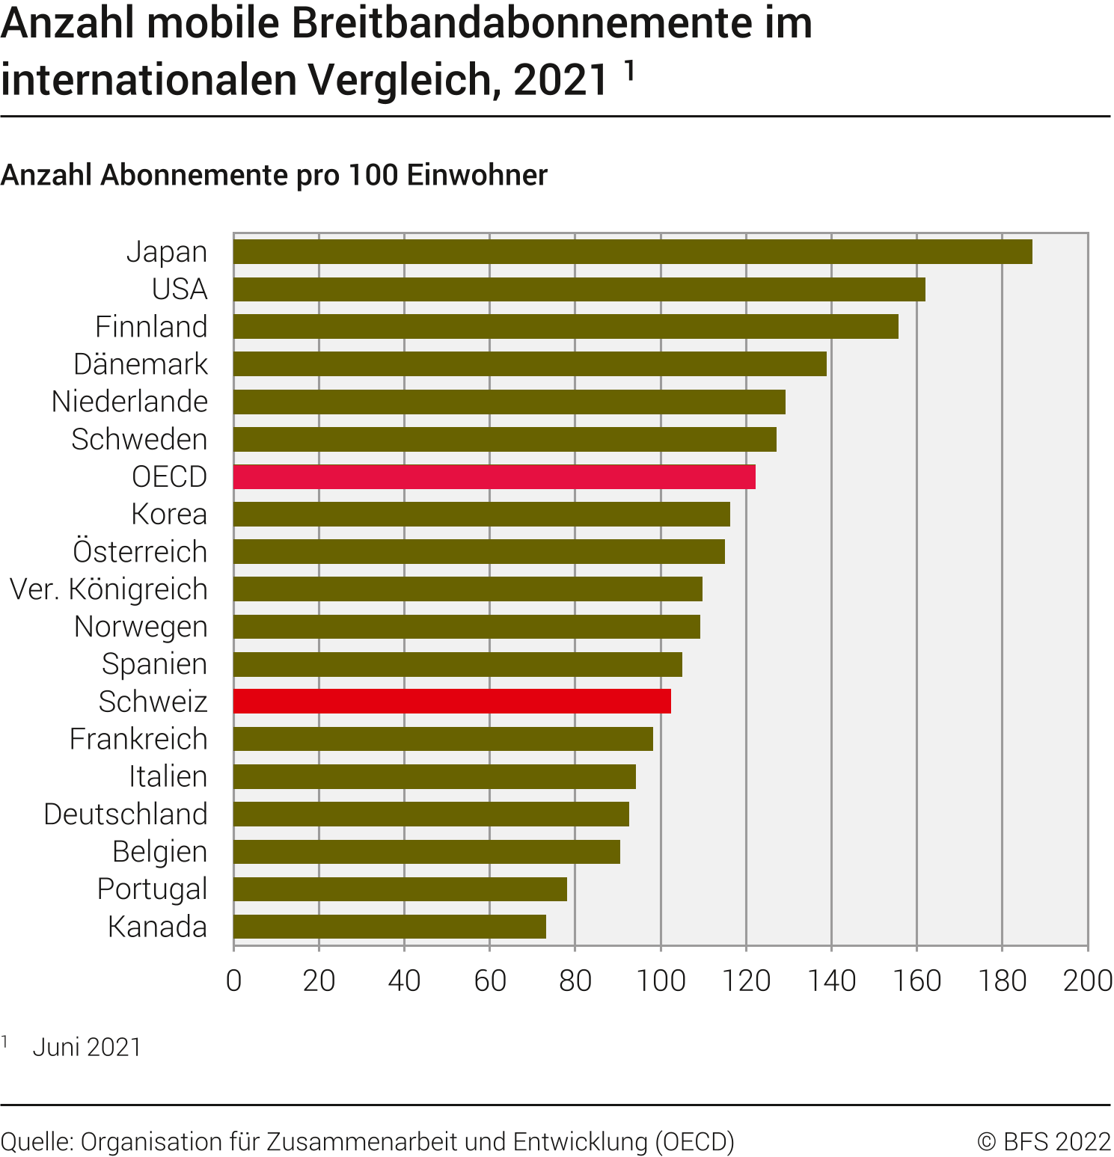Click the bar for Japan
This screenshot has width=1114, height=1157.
(x=632, y=252)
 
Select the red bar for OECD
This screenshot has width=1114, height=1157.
(x=494, y=477)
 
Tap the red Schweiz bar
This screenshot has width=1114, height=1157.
(x=452, y=702)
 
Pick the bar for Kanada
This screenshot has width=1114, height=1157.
(x=389, y=927)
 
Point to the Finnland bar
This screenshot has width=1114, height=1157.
(x=566, y=327)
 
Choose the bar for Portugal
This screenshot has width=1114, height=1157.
(x=400, y=889)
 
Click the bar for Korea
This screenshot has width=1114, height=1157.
(x=481, y=515)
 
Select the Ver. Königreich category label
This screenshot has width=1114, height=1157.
(x=108, y=589)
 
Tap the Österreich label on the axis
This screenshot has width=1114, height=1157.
(x=140, y=552)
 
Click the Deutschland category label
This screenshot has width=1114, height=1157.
(x=126, y=814)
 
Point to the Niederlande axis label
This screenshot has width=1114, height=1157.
(x=129, y=402)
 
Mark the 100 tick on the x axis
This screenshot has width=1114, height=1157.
(x=661, y=980)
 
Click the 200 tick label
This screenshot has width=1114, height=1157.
(x=1087, y=980)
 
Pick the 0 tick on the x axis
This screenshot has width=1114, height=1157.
(x=233, y=980)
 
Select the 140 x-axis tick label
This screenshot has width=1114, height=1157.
(x=831, y=980)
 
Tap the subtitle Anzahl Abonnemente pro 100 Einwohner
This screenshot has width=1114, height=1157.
(x=274, y=175)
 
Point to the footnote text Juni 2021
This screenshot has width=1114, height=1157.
(x=87, y=1047)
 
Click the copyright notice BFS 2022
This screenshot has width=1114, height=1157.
(x=1044, y=1142)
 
